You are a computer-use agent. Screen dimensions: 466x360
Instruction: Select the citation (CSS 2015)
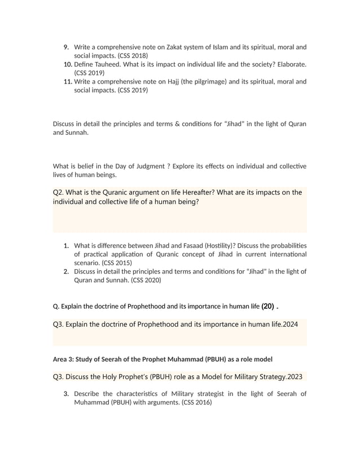tap(115, 262)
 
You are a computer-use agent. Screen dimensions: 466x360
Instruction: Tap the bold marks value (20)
tap(268, 306)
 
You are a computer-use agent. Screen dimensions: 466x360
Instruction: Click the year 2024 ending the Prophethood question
tap(288, 324)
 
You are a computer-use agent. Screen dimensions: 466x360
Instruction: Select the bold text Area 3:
tap(65, 359)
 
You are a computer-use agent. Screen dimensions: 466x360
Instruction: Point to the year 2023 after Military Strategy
tap(295, 376)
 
